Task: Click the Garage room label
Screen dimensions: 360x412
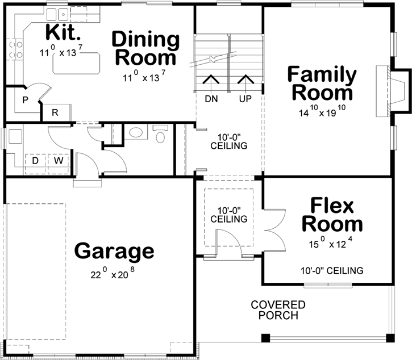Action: point(114,250)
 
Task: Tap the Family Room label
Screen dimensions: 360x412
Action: point(322,83)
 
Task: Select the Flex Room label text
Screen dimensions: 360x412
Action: point(332,215)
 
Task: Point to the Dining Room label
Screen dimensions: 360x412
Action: point(145,49)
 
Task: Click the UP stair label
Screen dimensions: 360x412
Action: point(245,99)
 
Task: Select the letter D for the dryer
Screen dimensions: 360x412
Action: point(35,161)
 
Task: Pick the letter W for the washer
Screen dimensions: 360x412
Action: point(58,161)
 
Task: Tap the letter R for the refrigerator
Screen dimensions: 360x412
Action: point(56,112)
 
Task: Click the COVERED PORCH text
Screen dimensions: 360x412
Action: point(278,310)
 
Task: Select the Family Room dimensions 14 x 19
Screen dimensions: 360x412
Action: point(322,112)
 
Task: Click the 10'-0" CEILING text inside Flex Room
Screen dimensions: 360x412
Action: point(332,270)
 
